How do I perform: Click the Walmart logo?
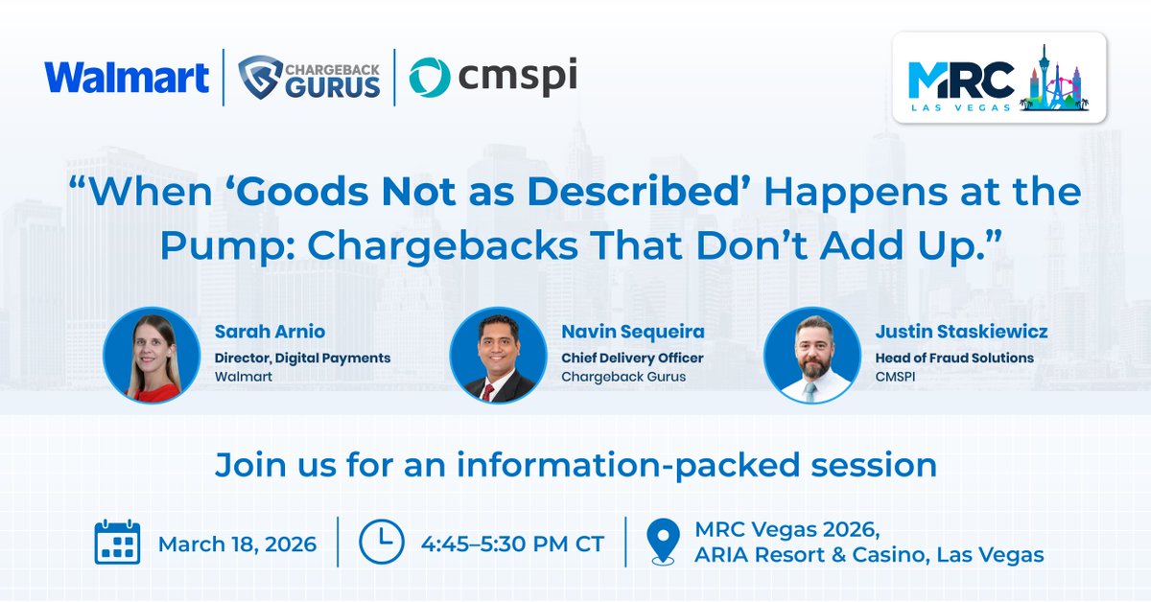coord(127,78)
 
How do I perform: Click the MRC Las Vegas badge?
coord(998,78)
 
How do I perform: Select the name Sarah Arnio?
coord(270,333)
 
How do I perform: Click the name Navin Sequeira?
coord(633,333)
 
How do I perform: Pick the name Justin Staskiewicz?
coord(961,333)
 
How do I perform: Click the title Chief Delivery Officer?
coord(632,358)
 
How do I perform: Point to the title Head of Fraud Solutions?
coord(954,358)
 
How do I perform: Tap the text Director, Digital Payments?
coord(302,358)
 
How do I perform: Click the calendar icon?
coord(117,543)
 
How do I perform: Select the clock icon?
coord(382,543)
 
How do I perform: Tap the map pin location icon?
coord(663,543)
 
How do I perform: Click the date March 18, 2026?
coord(237,544)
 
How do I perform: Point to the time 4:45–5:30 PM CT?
coord(512,544)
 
